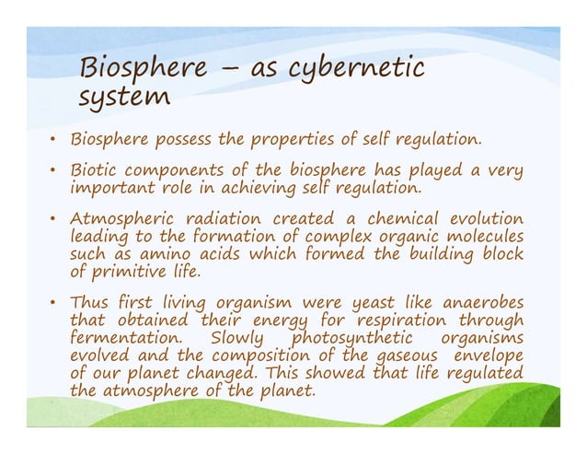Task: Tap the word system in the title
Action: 125,97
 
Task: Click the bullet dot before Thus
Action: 54,302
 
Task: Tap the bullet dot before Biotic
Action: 54,171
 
